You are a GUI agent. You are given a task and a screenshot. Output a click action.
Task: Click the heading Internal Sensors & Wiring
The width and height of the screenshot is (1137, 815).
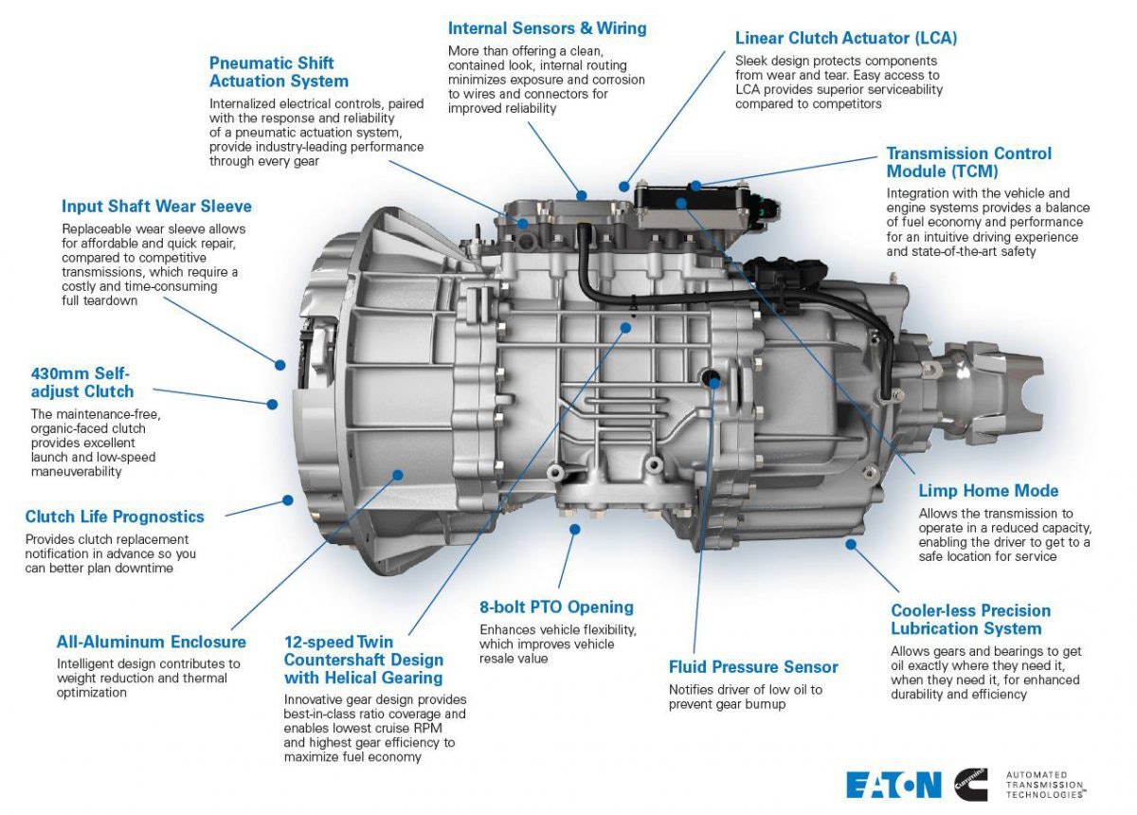point(547,28)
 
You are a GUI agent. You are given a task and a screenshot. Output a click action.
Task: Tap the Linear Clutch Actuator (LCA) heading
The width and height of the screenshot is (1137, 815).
point(845,39)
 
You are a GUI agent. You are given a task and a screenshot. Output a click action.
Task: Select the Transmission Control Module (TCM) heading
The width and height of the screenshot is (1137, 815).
point(968,162)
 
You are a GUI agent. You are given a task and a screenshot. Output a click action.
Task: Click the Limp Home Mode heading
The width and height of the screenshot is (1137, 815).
point(988,491)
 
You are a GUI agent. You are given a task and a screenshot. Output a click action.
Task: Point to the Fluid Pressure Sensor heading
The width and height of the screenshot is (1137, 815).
point(753,667)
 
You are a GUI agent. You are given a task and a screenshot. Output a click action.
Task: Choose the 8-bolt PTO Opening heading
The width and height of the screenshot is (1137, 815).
point(556,607)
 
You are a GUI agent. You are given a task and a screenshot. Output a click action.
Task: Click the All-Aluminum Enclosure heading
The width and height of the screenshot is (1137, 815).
point(151,643)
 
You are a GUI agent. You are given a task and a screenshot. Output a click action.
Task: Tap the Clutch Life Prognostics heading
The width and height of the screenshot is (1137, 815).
point(115,516)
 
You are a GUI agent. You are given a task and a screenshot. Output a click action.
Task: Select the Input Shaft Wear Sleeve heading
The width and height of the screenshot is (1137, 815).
point(156,207)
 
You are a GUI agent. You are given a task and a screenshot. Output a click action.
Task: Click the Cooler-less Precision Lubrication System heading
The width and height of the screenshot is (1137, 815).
point(970,620)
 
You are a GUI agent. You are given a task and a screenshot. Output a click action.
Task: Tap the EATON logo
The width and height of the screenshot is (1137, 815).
point(893,785)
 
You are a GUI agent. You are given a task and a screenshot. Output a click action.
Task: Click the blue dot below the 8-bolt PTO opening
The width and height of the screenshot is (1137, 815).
point(573,529)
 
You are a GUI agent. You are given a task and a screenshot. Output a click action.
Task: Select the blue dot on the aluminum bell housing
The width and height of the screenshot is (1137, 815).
point(398,474)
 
